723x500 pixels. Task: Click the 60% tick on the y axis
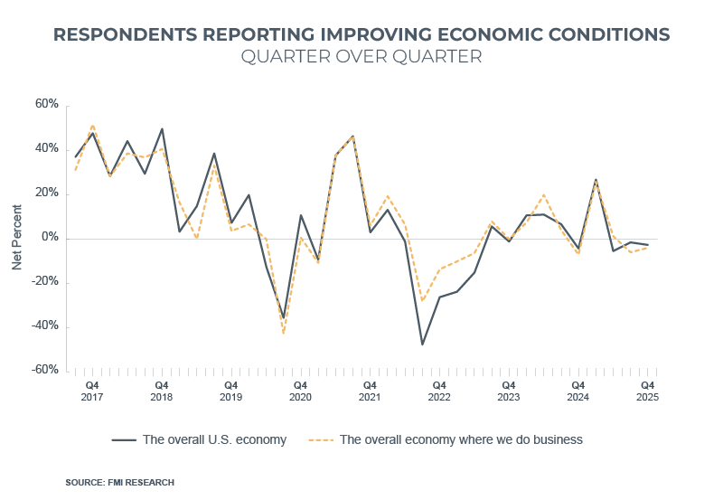(x=46, y=105)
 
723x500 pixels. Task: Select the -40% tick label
(x=44, y=326)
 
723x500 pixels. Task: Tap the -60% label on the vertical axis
(x=44, y=371)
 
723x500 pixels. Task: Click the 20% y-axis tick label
(x=46, y=193)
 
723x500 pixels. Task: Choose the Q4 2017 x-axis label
(x=92, y=391)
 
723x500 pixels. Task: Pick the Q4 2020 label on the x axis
(x=300, y=391)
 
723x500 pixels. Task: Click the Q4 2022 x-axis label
(x=439, y=391)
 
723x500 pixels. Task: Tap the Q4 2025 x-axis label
(x=647, y=391)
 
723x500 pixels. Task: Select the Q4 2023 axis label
(x=509, y=391)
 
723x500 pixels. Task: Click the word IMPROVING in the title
(x=379, y=34)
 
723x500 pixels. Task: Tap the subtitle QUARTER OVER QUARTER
(x=361, y=57)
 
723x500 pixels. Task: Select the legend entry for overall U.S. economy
(x=214, y=440)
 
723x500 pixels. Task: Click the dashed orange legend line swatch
(x=322, y=440)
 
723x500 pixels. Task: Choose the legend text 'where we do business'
(x=524, y=440)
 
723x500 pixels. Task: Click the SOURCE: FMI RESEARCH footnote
(x=119, y=482)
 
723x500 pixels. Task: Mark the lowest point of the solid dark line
(x=422, y=344)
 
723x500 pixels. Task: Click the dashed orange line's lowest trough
(x=283, y=334)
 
